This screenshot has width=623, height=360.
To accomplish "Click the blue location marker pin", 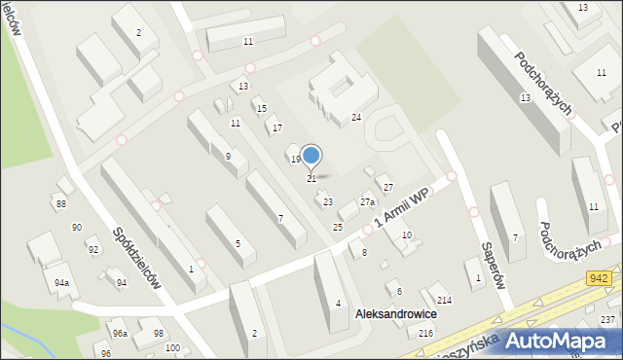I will click(311, 156).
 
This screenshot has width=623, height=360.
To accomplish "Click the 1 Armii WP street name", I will click(401, 209).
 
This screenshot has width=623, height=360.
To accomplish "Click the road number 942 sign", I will click(600, 278).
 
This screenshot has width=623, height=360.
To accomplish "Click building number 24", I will click(356, 118).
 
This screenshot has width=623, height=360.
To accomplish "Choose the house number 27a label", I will click(367, 202).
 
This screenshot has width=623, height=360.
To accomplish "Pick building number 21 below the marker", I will click(311, 179).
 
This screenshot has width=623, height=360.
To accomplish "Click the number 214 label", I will click(444, 301).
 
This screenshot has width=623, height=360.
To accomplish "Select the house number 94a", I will click(62, 283).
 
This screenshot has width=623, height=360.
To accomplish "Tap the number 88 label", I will click(61, 203).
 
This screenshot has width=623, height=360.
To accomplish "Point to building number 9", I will click(228, 157).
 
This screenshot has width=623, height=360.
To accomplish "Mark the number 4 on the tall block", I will click(338, 303).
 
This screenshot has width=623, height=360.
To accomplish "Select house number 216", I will click(425, 334).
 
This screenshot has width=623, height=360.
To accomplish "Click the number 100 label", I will click(171, 348).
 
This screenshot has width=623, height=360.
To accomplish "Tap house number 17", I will click(277, 128).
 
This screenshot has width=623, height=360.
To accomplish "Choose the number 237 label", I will click(608, 320).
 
